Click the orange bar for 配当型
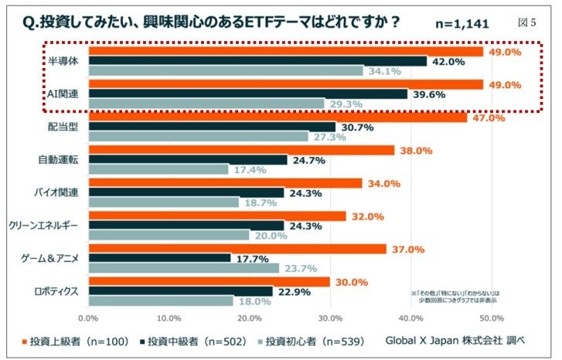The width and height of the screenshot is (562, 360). (x=278, y=117)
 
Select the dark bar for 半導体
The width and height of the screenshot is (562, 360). (x=257, y=61)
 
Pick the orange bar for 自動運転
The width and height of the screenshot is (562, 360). (x=241, y=151)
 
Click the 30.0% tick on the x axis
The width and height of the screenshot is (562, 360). (x=331, y=317)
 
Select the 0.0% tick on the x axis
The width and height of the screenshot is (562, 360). (x=89, y=317)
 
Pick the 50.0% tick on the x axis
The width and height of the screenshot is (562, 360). (x=492, y=317)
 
